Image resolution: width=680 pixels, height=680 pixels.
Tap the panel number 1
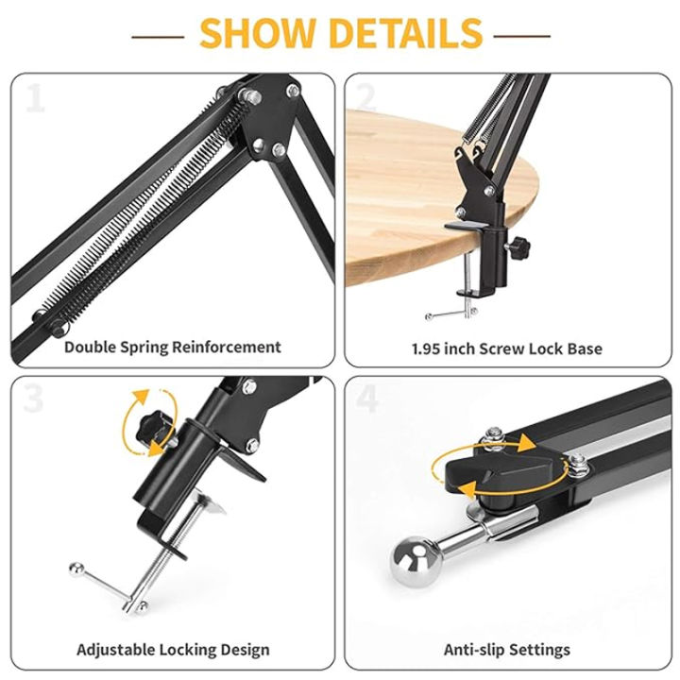click(x=35, y=97)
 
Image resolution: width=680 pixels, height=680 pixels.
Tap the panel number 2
click(x=366, y=97)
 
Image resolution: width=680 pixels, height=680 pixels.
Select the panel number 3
click(x=35, y=399)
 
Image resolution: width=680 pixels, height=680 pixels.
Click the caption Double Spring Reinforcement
click(x=172, y=347)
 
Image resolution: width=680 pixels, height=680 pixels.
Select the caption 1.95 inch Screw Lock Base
click(x=506, y=348)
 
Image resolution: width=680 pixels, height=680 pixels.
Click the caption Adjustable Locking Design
click(x=173, y=650)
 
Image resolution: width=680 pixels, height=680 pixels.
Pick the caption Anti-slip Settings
click(x=506, y=650)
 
